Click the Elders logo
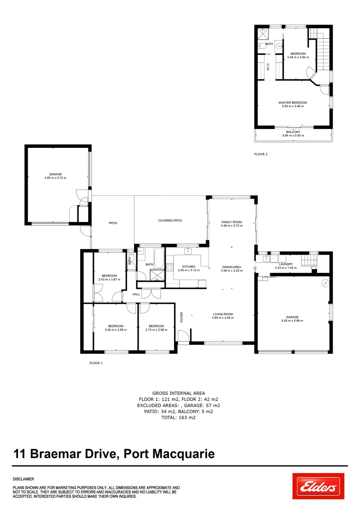tap(318, 486)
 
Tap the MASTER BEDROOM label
tap(293, 102)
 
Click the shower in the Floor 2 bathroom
tap(263, 33)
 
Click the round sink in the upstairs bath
tap(279, 46)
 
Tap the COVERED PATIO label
tap(170, 221)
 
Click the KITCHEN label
tap(188, 266)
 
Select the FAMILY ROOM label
tap(231, 222)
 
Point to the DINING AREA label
tap(231, 267)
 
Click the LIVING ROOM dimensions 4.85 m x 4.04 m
tap(223, 318)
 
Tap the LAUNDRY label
tap(286, 264)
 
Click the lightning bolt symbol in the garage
tap(325, 283)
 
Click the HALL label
tap(136, 294)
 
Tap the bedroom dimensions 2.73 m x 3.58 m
tap(156, 330)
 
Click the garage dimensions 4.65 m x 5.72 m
tap(56, 178)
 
